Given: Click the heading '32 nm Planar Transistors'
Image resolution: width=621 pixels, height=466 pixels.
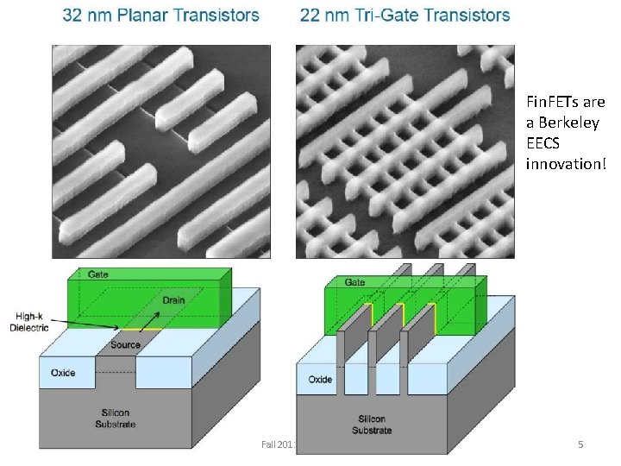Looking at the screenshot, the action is coord(160,16).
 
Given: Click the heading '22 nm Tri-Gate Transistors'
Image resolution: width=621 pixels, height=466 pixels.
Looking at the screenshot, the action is coord(405,16).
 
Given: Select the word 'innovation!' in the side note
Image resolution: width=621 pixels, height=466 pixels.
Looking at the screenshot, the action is coord(566,163).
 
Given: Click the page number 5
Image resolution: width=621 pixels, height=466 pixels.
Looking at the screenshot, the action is coord(580,444).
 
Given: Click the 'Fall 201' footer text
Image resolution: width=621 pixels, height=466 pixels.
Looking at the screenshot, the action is coord(279,444).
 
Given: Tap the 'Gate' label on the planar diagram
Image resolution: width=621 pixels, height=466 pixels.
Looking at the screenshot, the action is coord(98,274).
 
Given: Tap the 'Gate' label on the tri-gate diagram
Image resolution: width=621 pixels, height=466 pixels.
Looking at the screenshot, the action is coord(354,282).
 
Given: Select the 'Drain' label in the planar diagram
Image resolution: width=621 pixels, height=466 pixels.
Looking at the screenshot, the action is coord(173,300).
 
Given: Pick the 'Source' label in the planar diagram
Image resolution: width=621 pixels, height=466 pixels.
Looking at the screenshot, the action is coord(125,344).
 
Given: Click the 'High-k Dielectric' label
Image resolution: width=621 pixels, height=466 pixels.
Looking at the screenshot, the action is coord(28,323).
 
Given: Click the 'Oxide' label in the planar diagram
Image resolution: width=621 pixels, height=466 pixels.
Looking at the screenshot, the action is coord(63,373).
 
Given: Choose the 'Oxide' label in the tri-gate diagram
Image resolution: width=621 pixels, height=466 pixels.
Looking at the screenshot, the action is coord(320,379).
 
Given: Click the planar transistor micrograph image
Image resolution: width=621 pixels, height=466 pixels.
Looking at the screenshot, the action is coord(155,151).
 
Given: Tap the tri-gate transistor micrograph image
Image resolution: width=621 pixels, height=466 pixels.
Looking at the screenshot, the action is coord(405,151).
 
